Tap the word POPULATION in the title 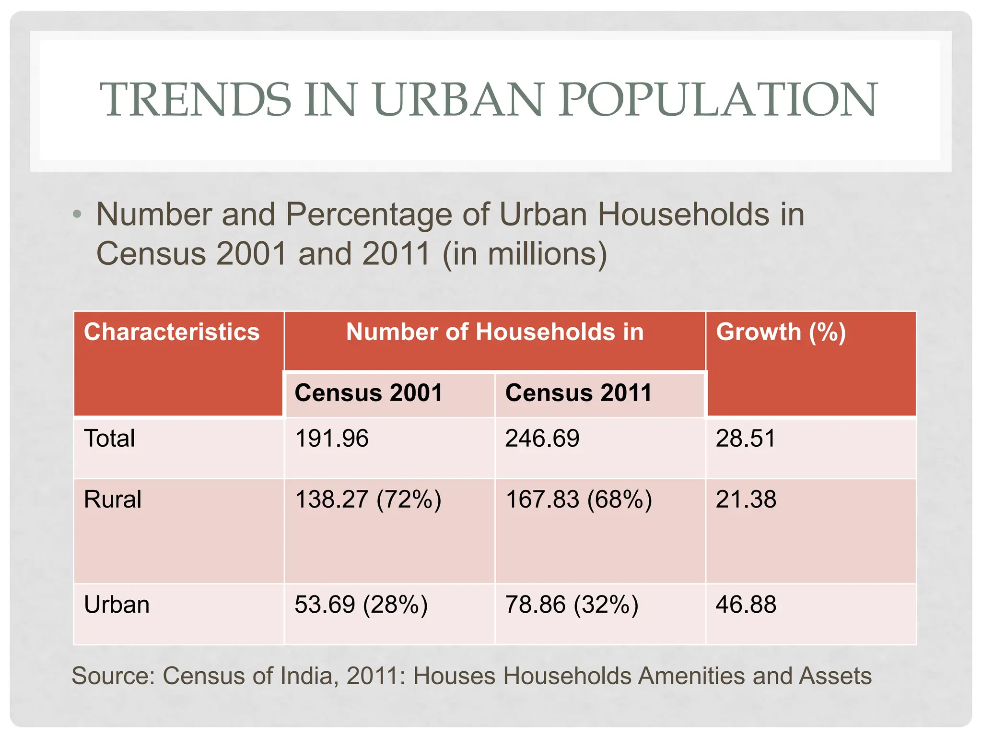(x=718, y=99)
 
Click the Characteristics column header (x=172, y=332)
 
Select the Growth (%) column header (x=781, y=332)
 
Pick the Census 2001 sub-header (x=368, y=393)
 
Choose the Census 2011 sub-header (x=578, y=393)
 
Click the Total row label (x=109, y=439)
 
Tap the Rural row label (x=112, y=499)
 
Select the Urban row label (x=117, y=605)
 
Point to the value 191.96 (x=332, y=439)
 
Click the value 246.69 (x=542, y=439)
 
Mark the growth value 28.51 (x=746, y=439)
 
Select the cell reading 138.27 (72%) (x=368, y=499)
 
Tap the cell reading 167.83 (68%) (x=579, y=499)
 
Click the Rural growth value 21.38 (x=746, y=499)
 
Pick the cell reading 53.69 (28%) (x=361, y=605)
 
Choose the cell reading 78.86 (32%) (x=572, y=605)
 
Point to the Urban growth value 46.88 (x=746, y=605)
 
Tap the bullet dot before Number (x=77, y=214)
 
